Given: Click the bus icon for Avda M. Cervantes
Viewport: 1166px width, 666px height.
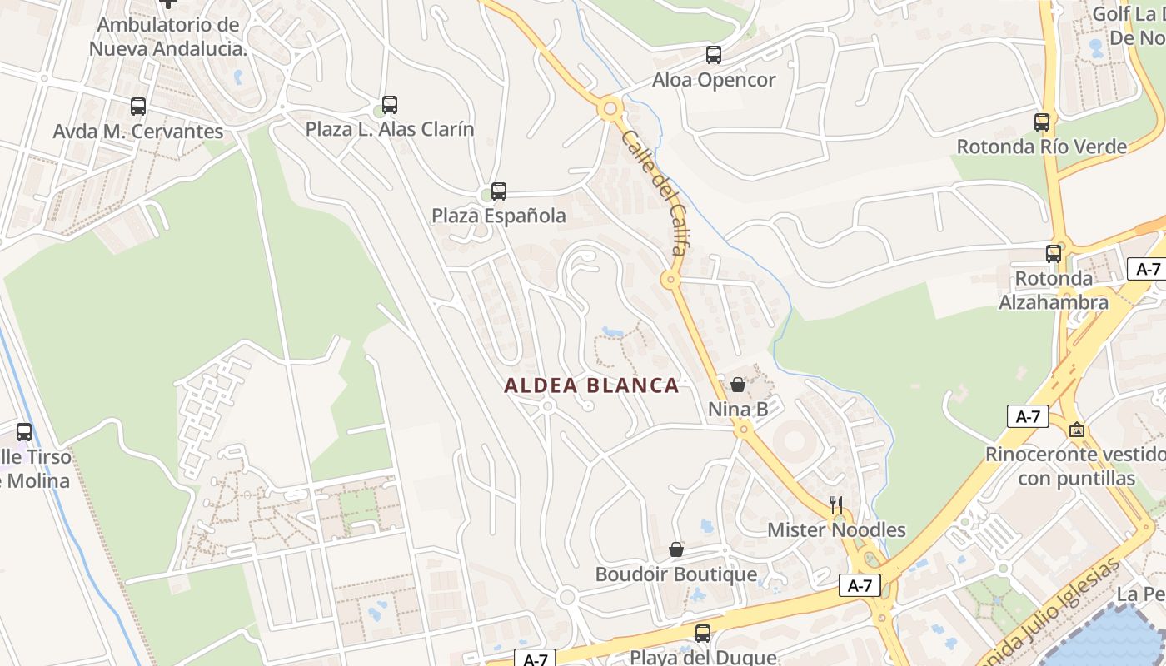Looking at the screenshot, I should [138, 107].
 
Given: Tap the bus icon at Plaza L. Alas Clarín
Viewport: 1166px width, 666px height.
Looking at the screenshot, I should [389, 105].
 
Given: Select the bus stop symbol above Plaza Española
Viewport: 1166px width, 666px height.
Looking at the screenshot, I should [498, 191].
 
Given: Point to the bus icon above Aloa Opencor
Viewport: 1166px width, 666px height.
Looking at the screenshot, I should [714, 56].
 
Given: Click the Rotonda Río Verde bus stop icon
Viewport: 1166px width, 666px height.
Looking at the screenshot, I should [1042, 122].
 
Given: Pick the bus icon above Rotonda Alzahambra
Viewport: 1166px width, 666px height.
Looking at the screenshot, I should [1054, 254].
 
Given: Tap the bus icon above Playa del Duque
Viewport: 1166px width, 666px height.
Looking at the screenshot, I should [703, 634].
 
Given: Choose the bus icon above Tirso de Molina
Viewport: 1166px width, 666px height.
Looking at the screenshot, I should [24, 432].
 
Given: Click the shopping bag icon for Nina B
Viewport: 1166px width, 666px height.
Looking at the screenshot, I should [738, 385].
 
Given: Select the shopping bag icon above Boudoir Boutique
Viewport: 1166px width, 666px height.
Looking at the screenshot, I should [676, 549].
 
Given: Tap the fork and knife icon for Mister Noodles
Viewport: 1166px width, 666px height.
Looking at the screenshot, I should [836, 504].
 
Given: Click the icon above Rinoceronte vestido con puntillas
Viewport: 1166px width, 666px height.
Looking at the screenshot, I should [1077, 430].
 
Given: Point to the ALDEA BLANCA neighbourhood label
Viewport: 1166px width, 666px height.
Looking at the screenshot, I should [591, 385].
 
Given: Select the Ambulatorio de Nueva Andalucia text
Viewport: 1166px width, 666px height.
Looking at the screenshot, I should [168, 37].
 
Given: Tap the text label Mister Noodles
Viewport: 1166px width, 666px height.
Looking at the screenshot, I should [836, 529].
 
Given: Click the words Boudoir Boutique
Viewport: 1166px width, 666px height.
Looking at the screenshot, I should [676, 574].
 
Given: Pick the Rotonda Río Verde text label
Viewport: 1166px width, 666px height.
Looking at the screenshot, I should [1042, 147].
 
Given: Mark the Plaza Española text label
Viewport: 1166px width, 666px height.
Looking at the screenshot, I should [498, 216].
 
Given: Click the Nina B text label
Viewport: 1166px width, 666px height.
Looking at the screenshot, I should [738, 409].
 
